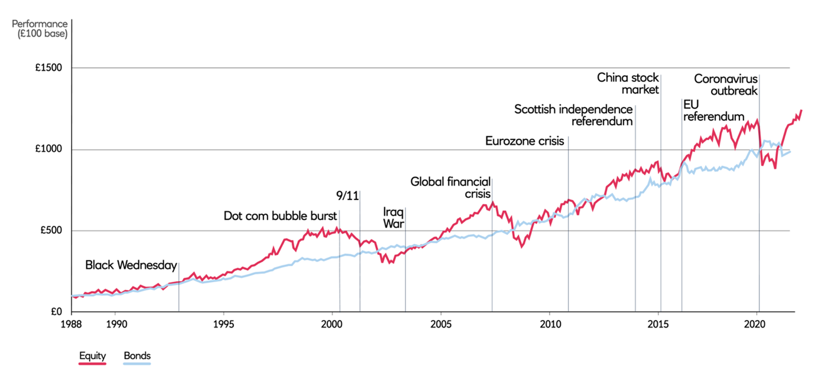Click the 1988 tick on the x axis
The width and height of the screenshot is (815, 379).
71,324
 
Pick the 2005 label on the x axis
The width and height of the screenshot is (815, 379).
441,324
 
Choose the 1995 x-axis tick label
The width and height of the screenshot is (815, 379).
223,324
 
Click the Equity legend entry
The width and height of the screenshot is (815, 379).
93,356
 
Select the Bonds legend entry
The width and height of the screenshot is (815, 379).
137,356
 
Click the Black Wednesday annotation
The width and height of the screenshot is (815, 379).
131,265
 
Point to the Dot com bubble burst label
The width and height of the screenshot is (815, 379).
280,215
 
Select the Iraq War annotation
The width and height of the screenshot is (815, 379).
393,217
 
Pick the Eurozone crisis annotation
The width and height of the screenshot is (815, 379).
526,141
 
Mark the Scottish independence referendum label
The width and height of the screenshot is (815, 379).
573,115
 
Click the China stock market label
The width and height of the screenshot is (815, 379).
628,83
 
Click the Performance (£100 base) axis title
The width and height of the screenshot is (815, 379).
40,28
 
